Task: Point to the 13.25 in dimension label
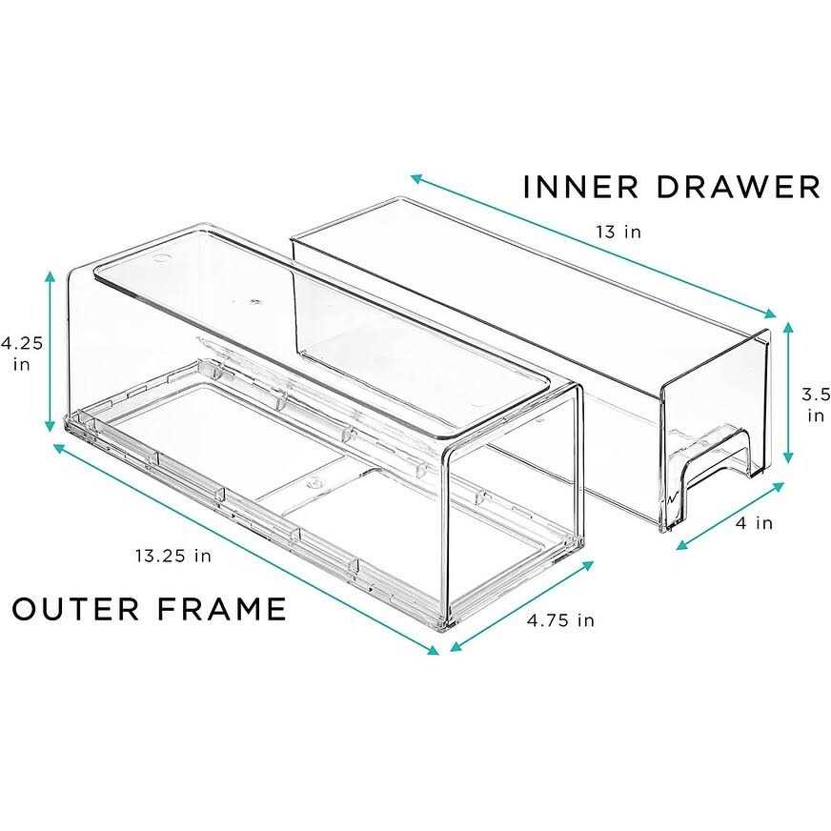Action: coord(172,557)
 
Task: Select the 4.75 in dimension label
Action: coord(560,620)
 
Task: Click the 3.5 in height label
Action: coord(816,404)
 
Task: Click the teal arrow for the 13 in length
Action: coord(596,246)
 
